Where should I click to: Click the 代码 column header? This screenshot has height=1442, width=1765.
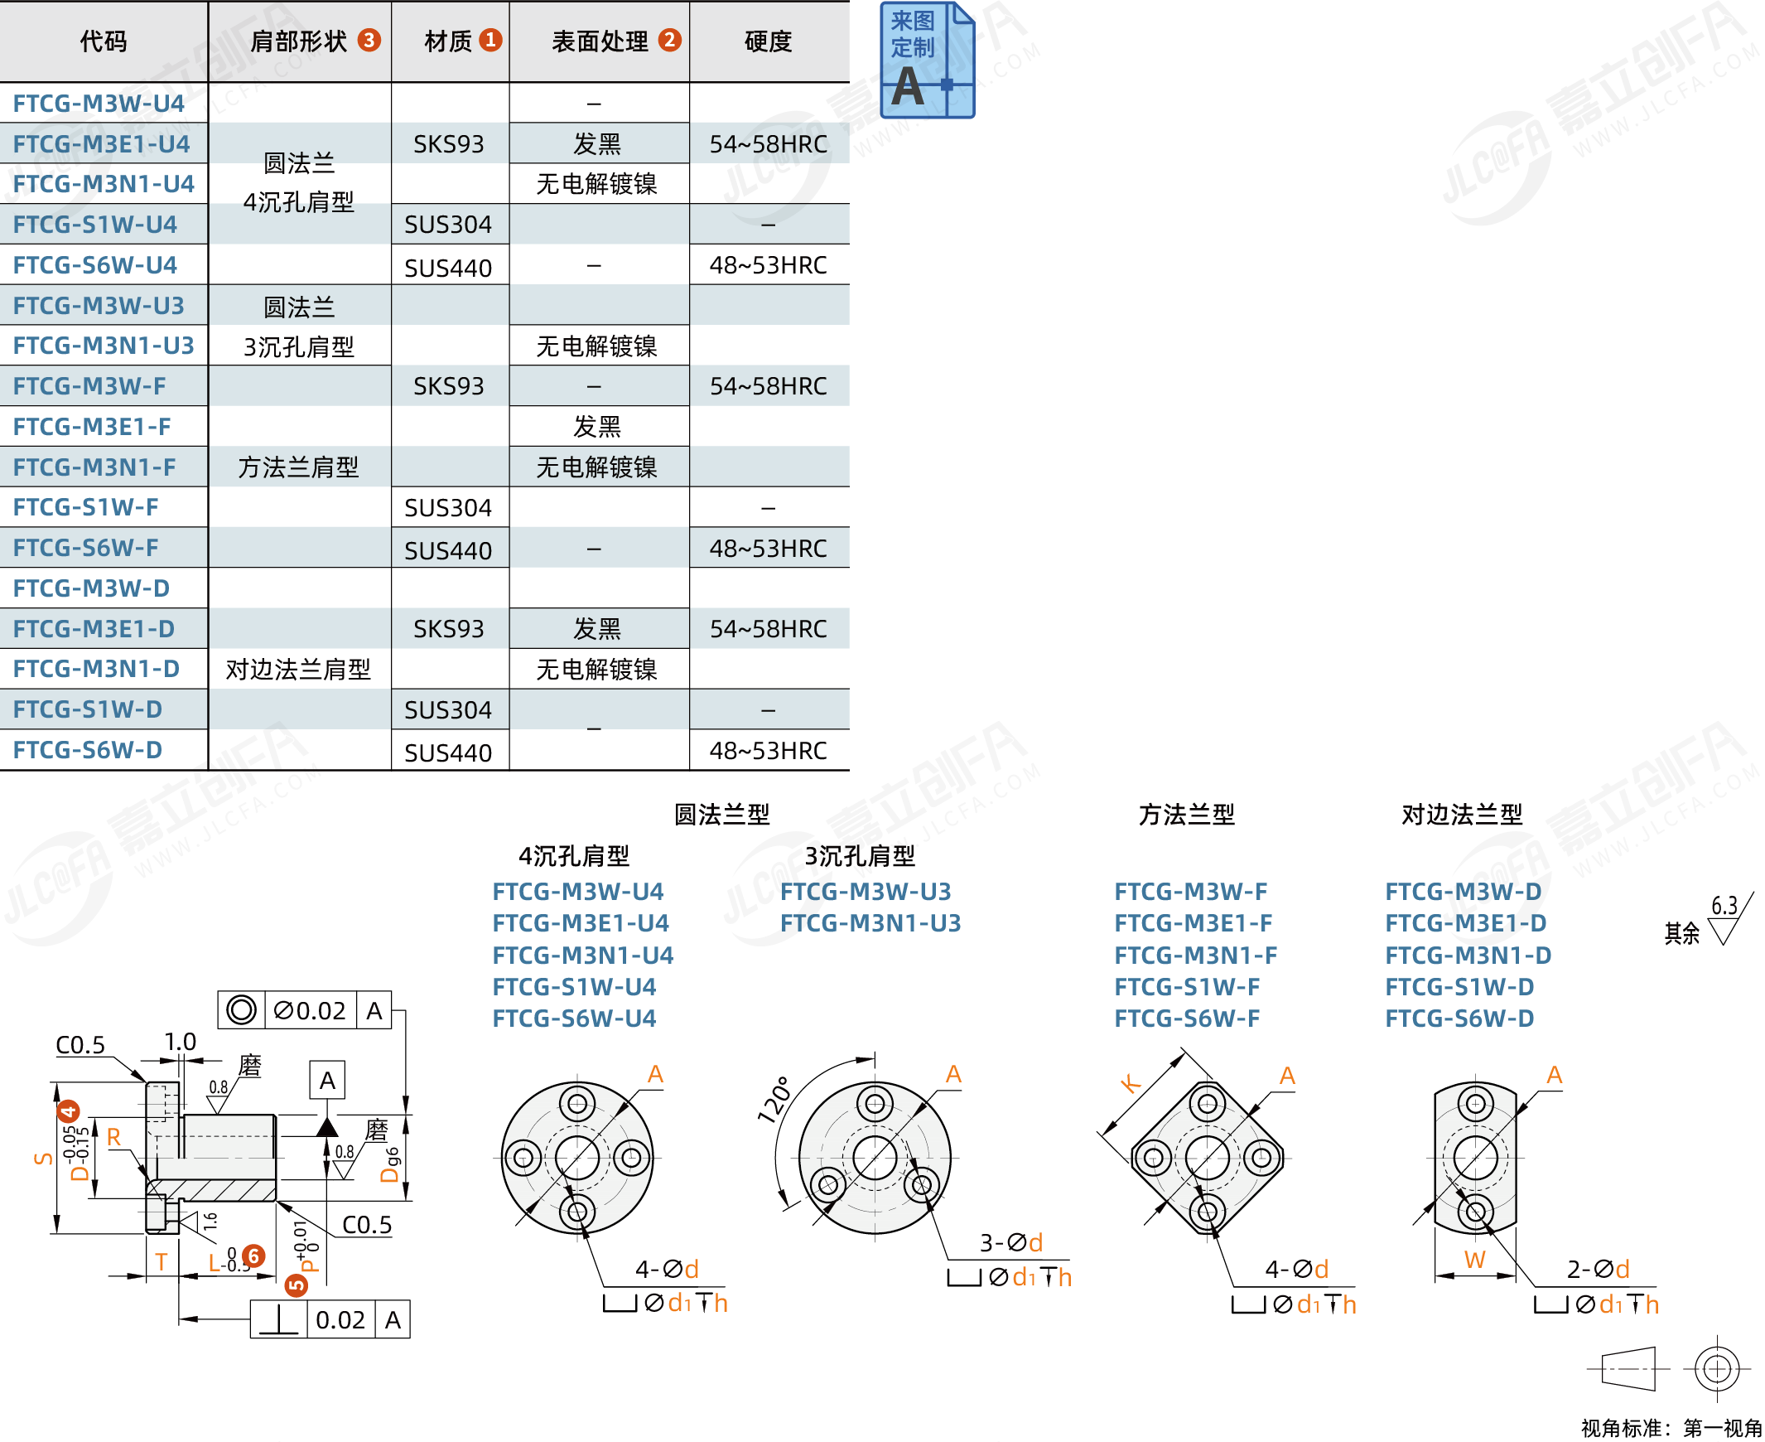[103, 41]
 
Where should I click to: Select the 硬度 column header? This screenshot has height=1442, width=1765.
[768, 41]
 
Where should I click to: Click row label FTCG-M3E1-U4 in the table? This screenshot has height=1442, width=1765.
[101, 143]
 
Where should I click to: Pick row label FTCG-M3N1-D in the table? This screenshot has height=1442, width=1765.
[96, 669]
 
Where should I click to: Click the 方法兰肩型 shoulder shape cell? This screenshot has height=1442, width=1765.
[298, 467]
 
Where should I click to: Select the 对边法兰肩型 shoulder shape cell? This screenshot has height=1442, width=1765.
[298, 669]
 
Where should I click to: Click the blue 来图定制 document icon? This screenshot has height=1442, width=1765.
[927, 60]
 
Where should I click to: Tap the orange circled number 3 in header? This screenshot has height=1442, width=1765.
[369, 40]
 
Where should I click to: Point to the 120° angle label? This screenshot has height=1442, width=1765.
[774, 1100]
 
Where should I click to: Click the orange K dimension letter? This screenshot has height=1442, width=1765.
[1130, 1083]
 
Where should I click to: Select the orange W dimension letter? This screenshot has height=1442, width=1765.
[1474, 1260]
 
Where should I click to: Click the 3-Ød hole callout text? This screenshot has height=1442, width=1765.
[1011, 1242]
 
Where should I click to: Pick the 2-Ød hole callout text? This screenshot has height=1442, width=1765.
[1599, 1270]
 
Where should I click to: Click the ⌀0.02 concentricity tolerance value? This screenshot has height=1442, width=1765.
[310, 1011]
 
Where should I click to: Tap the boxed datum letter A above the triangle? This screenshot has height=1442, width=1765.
[327, 1081]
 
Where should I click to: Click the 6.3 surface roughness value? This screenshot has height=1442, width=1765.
[1724, 906]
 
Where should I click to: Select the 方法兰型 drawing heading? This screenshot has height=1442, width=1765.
[1186, 815]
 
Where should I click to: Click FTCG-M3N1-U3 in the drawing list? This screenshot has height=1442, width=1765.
[870, 923]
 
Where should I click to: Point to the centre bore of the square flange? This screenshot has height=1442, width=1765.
[1207, 1156]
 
